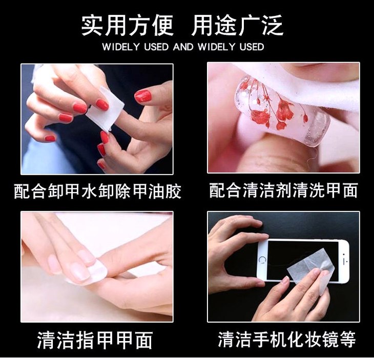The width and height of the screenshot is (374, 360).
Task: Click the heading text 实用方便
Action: tap(127, 25)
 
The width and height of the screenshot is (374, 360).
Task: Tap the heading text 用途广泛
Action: tap(237, 25)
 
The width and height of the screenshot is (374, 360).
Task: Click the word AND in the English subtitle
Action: tap(183, 47)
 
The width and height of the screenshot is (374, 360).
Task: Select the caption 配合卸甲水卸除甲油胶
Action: tap(97, 192)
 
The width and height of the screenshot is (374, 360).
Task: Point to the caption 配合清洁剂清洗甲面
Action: tap(284, 190)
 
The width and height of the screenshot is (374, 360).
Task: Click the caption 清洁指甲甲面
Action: tap(95, 340)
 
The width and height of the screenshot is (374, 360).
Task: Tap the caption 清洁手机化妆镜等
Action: tap(287, 339)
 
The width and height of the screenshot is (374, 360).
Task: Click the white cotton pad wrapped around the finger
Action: tap(105, 110)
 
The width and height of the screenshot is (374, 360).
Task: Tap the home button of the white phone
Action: tap(262, 260)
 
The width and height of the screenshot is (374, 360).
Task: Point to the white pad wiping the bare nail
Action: tap(95, 272)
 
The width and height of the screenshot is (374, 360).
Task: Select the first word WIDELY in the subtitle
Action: tap(120, 47)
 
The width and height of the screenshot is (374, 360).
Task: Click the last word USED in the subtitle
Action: tap(252, 47)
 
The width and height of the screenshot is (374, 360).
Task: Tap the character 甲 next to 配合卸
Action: tap(73, 192)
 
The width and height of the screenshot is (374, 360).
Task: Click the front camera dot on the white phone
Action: tap(344, 255)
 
